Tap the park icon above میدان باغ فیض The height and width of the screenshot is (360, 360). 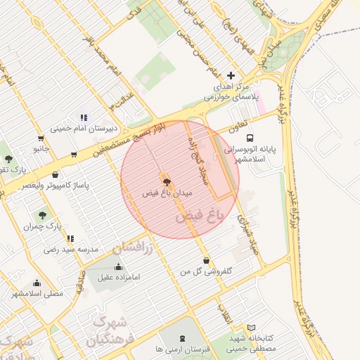pyautogui.click(x=166, y=182)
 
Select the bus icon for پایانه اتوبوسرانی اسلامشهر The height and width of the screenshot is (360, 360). pyautogui.click(x=250, y=139)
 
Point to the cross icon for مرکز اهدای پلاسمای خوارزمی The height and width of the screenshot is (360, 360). pyautogui.click(x=231, y=76)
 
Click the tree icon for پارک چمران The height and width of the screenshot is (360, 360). pyautogui.click(x=42, y=216)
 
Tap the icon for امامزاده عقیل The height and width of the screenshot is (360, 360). pyautogui.click(x=117, y=267)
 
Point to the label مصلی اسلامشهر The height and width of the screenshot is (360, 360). pyautogui.click(x=37, y=292)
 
